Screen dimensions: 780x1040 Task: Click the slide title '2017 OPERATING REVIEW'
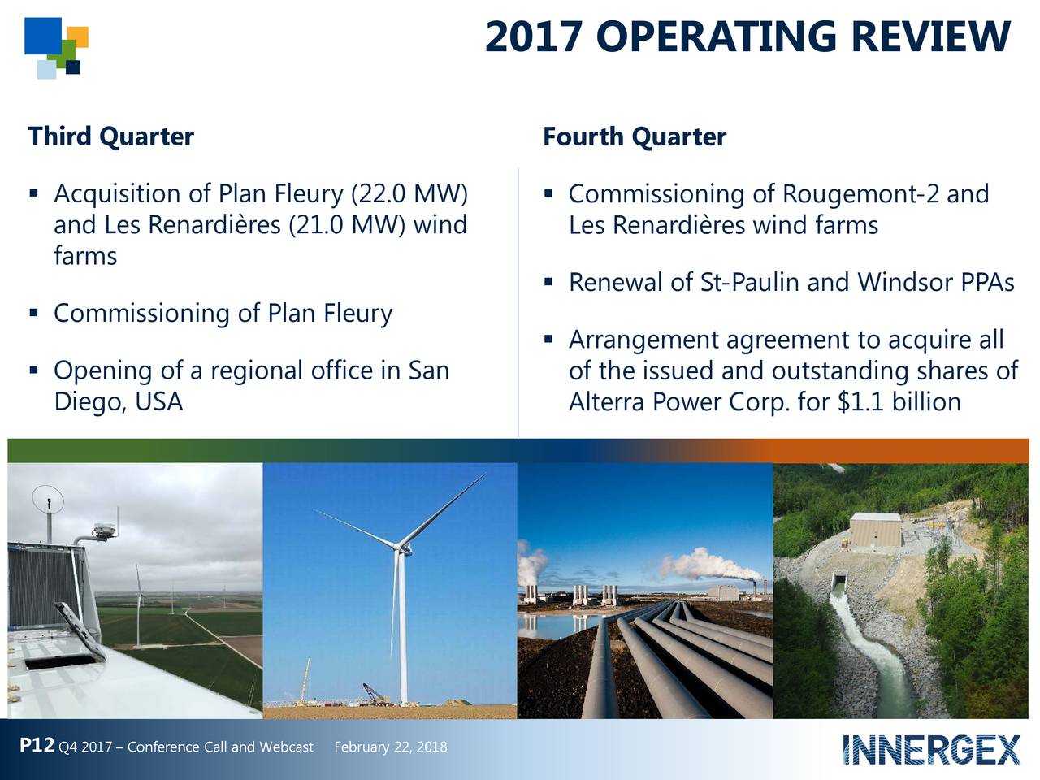[747, 37]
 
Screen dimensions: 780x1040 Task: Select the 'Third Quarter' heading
[111, 136]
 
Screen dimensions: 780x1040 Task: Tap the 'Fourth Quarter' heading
[634, 136]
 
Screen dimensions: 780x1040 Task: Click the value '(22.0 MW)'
[409, 194]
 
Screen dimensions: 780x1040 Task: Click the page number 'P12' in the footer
[37, 746]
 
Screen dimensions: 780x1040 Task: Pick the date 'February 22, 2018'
[390, 747]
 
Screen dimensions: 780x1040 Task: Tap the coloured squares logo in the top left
[56, 47]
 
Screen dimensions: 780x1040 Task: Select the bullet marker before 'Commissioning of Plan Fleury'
[33, 313]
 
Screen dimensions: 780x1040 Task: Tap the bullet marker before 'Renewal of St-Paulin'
[549, 283]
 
